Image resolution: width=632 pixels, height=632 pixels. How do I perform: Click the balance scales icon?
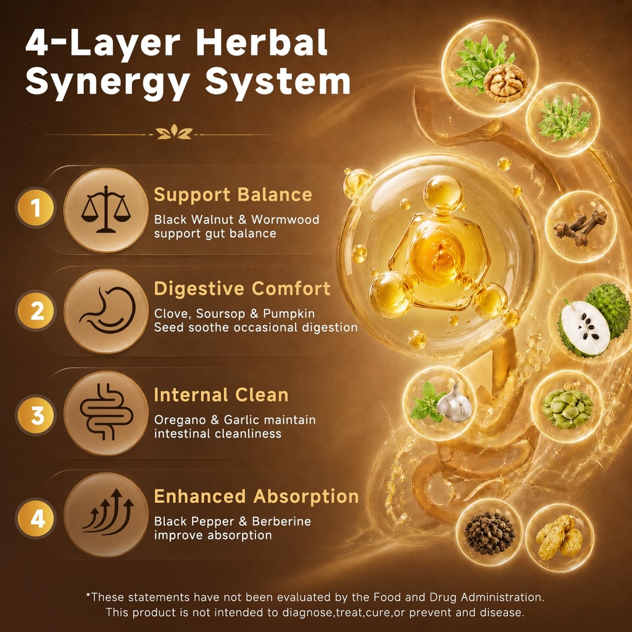pyautogui.click(x=106, y=209)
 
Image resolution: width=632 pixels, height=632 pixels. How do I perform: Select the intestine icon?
pyautogui.click(x=106, y=412)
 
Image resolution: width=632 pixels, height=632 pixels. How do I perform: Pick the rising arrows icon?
pyautogui.click(x=108, y=512)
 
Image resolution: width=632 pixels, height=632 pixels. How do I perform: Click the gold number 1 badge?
pyautogui.click(x=36, y=208)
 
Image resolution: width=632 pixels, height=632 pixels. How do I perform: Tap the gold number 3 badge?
pyautogui.click(x=36, y=415)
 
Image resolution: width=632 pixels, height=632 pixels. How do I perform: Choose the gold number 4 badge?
pyautogui.click(x=36, y=518)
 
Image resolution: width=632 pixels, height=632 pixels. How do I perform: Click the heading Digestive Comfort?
pyautogui.click(x=242, y=289)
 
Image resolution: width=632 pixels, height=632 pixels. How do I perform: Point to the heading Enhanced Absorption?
pyautogui.click(x=256, y=497)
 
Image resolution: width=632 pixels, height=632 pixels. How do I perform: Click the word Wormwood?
pyautogui.click(x=285, y=220)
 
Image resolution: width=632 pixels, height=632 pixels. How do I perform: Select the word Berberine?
pyautogui.click(x=281, y=521)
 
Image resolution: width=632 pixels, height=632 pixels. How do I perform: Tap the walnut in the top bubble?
pyautogui.click(x=505, y=83)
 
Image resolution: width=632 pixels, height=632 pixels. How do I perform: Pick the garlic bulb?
pyautogui.click(x=455, y=404)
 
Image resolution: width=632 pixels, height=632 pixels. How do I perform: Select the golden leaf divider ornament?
pyautogui.click(x=174, y=133)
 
